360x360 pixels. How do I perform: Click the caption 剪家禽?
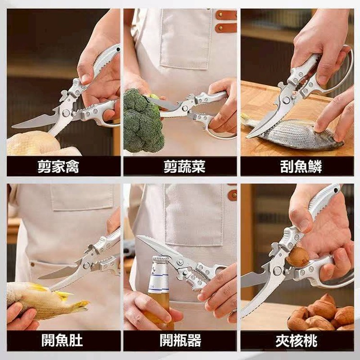[x=58, y=167]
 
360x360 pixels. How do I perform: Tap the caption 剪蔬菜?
[x=184, y=167]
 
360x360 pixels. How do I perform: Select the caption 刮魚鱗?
[x=301, y=167]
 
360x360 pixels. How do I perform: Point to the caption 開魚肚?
[x=62, y=340]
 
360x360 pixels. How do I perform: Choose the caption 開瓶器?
[x=180, y=340]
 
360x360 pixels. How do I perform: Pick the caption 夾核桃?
[x=297, y=341]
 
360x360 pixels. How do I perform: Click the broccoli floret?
[x=143, y=121]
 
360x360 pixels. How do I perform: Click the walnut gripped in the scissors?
[x=297, y=257]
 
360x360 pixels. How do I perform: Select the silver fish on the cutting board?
[x=296, y=134]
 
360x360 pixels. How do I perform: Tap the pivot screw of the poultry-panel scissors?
[x=66, y=113]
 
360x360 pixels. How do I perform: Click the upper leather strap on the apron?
[x=226, y=15]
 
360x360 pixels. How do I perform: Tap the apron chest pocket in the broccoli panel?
[x=186, y=39]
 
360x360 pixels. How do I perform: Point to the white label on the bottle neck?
[x=159, y=278]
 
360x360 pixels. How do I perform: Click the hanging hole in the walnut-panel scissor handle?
[x=336, y=191]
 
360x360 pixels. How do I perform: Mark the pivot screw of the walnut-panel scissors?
[x=277, y=271]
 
